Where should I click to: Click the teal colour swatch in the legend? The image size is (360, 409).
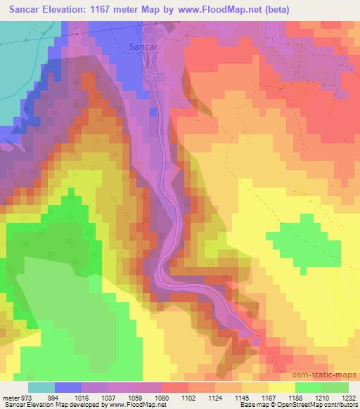coord(41,387)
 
